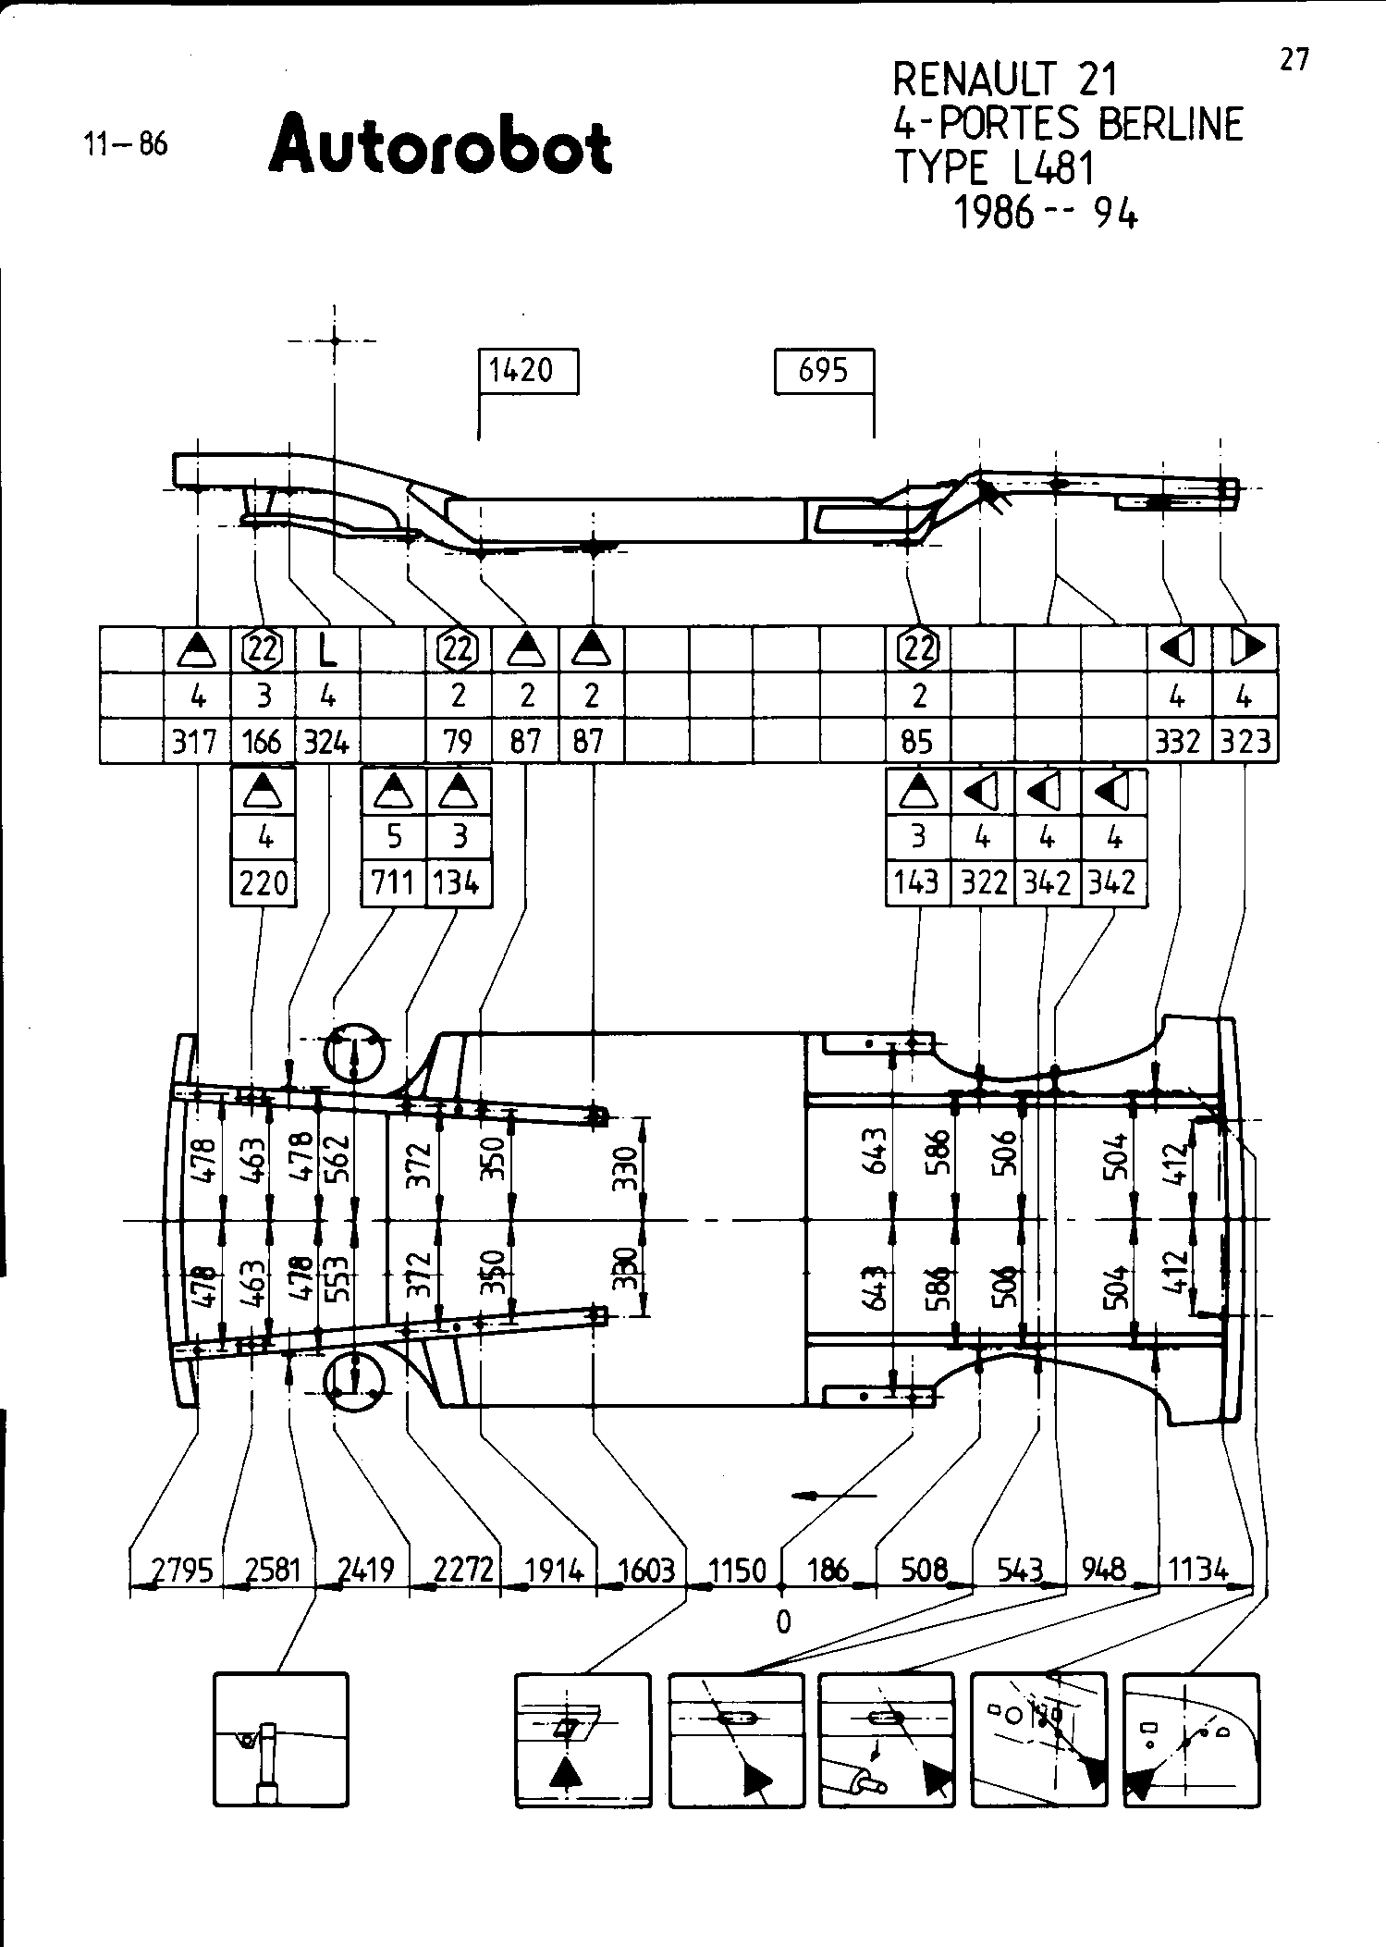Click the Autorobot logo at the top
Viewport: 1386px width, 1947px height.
pyautogui.click(x=440, y=146)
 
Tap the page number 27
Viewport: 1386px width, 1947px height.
pyautogui.click(x=1294, y=60)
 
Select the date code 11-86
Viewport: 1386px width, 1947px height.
pyautogui.click(x=126, y=144)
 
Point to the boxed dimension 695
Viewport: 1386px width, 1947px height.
pyautogui.click(x=823, y=371)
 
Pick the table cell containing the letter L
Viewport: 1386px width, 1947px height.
pyautogui.click(x=327, y=650)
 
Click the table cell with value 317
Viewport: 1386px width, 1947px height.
pyautogui.click(x=195, y=742)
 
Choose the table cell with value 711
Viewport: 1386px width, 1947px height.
pyautogui.click(x=393, y=882)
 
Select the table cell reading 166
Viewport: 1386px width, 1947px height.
pyautogui.click(x=264, y=742)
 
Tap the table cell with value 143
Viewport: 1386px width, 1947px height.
pyautogui.click(x=917, y=882)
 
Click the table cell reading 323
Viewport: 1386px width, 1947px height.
pyautogui.click(x=1245, y=742)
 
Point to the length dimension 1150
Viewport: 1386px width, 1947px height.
pyautogui.click(x=737, y=1571)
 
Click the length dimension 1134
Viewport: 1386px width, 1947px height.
pyautogui.click(x=1198, y=1569)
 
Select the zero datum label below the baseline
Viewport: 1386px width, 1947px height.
pyautogui.click(x=783, y=1621)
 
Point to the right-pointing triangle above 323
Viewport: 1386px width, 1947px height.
pyautogui.click(x=1247, y=647)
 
